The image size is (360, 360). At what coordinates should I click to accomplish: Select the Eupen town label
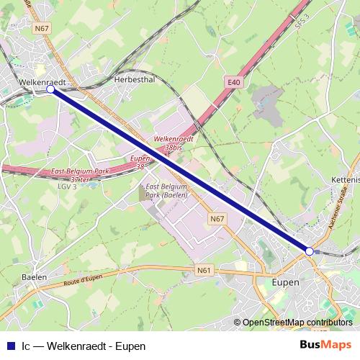[286, 282]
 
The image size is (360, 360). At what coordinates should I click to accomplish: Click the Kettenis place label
[346, 178]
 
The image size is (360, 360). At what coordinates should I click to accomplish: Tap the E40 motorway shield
[233, 84]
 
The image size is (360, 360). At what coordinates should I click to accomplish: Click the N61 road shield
[205, 271]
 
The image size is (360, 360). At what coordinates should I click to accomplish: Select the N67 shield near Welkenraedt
[41, 29]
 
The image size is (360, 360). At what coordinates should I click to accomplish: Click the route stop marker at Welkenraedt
[50, 90]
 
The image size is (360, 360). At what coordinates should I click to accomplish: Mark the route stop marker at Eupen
[310, 251]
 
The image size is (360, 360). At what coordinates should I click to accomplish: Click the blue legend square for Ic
[9, 346]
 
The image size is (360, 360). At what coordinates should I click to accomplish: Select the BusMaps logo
[325, 346]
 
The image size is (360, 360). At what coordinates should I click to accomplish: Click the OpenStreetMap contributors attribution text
[297, 323]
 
